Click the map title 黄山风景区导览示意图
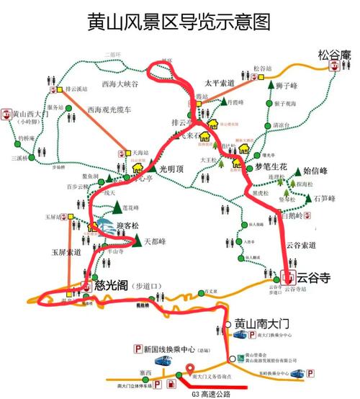click(x=179, y=21)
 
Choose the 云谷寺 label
click(x=313, y=277)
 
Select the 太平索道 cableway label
click(x=220, y=83)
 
